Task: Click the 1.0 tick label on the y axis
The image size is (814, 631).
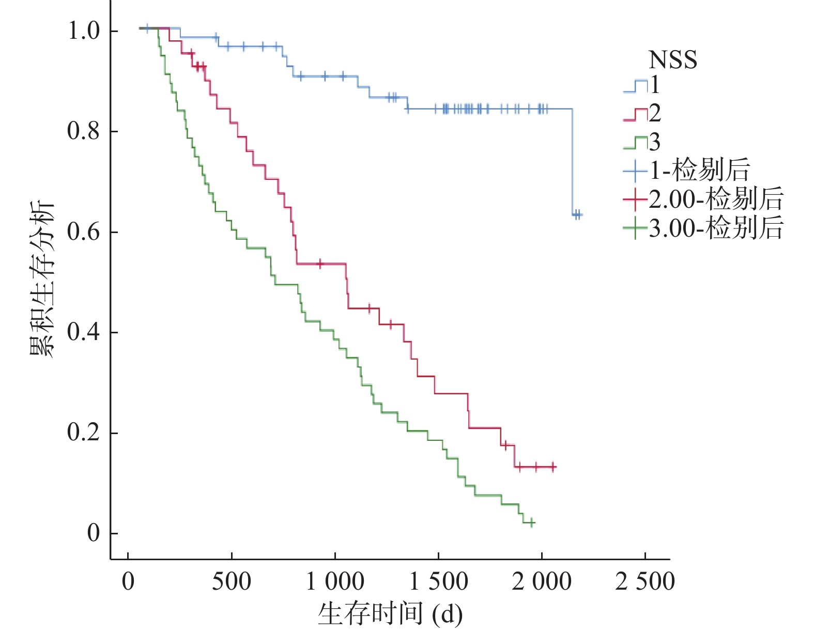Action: pos(84,31)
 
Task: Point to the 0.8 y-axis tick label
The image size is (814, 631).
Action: pos(84,131)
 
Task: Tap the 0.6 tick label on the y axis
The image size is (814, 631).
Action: pos(84,232)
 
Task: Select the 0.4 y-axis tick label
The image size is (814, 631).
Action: pos(84,332)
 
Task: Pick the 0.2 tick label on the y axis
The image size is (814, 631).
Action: pos(84,433)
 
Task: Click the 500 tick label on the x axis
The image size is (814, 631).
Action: pos(232,581)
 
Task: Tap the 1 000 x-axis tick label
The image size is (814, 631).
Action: pos(335,581)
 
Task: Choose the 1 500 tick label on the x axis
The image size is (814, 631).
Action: pos(438,581)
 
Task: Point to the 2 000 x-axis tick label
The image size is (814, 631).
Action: pos(542,581)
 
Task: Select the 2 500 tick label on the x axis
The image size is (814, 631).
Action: pos(645,581)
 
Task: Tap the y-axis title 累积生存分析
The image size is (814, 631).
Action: pos(41,279)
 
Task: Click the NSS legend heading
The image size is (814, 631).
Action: pos(672,60)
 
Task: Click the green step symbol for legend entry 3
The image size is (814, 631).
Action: pos(635,143)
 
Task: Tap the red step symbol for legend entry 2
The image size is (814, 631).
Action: pos(635,114)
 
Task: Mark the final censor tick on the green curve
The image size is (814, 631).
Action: pos(531,522)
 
